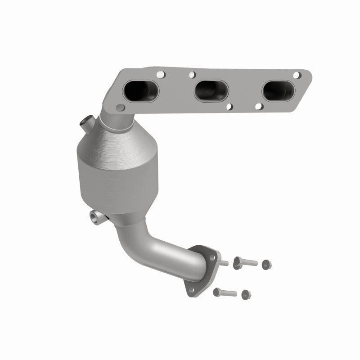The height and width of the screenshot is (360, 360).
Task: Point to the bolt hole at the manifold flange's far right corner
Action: click(297, 75)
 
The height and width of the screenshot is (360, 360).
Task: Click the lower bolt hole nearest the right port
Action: click(258, 106)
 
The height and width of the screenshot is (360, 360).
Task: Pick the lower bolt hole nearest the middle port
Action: click(229, 107)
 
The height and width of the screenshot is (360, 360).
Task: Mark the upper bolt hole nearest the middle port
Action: click(192, 74)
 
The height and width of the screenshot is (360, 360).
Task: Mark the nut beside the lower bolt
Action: click(245, 295)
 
